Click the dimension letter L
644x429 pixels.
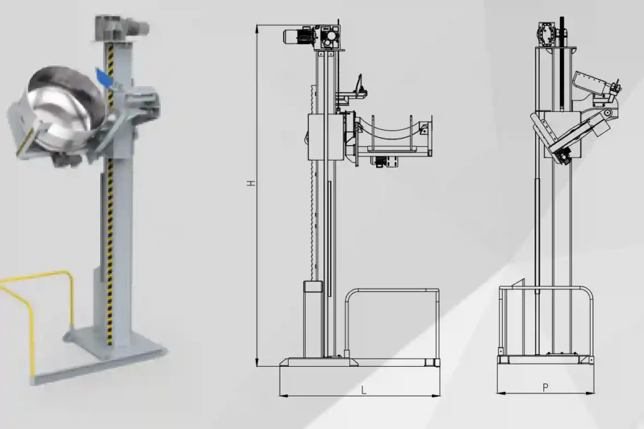coord(364,390)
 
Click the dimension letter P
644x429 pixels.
coord(545,388)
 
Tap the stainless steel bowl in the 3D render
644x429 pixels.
coord(65,107)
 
